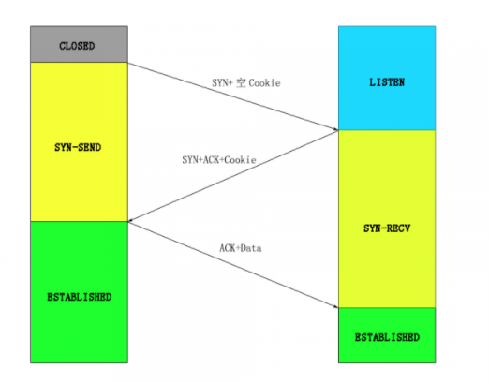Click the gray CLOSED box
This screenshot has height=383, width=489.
tap(77, 44)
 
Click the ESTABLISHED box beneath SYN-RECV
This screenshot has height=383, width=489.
tap(386, 335)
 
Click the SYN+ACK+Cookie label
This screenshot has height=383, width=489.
tap(218, 160)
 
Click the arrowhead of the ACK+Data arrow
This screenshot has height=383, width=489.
tap(333, 306)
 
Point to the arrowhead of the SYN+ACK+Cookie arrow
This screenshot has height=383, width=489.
tap(131, 221)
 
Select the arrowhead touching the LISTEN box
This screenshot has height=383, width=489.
tap(333, 128)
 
